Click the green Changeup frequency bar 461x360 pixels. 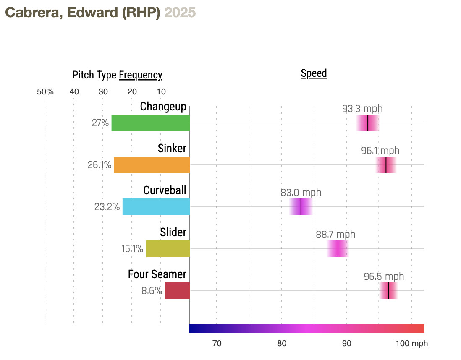click(x=150, y=123)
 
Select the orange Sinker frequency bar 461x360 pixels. click(x=152, y=165)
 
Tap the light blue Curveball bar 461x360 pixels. click(x=156, y=207)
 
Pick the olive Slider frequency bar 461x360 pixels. click(x=168, y=249)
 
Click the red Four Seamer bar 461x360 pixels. click(x=177, y=291)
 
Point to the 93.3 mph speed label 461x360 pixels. click(x=362, y=109)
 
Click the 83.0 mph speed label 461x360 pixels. click(x=301, y=193)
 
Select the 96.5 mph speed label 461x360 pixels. click(x=384, y=277)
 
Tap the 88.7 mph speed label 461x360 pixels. click(x=335, y=235)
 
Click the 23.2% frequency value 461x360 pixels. click(x=107, y=207)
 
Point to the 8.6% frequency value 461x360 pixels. click(x=152, y=291)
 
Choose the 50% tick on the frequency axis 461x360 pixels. click(x=45, y=92)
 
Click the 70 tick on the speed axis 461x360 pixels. click(x=217, y=344)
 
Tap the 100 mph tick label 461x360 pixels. click(x=411, y=344)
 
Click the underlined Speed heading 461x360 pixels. click(x=314, y=74)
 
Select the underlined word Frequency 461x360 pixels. click(x=140, y=76)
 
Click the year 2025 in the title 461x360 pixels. click(x=180, y=13)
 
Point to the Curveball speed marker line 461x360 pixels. click(x=301, y=207)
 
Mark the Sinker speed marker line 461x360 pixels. click(x=386, y=165)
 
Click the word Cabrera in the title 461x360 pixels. click(x=30, y=13)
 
